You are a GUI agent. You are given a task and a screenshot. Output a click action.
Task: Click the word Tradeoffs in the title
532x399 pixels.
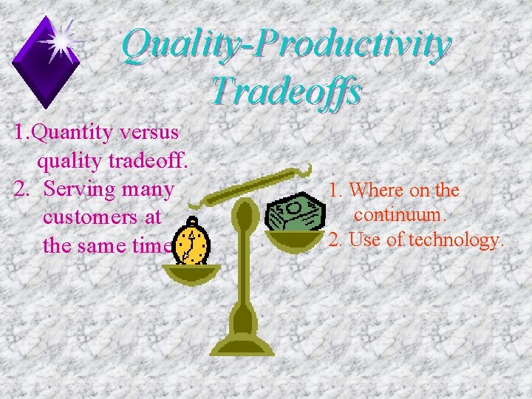click(285, 92)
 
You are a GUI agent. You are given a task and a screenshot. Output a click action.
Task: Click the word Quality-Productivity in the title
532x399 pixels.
click(285, 44)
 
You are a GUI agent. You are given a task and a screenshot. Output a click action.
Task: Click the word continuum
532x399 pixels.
click(399, 215)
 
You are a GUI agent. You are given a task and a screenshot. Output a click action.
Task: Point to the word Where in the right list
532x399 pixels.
click(377, 190)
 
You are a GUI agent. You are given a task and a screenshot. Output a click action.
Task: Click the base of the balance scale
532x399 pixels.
click(242, 344)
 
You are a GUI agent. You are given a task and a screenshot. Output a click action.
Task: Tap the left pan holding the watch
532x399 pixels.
click(191, 273)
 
